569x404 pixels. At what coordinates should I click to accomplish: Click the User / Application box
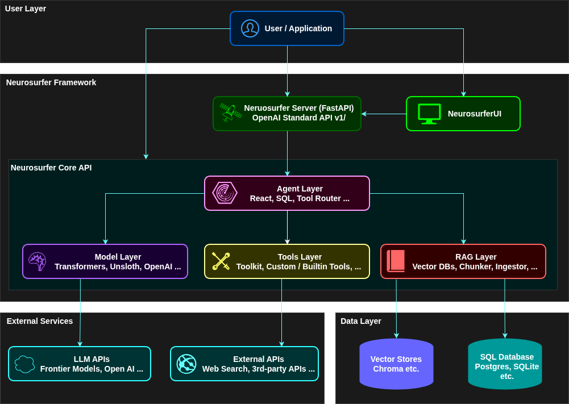(287, 28)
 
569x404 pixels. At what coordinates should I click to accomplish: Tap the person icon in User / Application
(250, 28)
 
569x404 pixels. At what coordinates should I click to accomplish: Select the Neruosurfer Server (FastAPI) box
(287, 114)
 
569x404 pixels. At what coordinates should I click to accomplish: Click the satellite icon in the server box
(231, 113)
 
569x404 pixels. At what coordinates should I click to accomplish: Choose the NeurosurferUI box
(463, 114)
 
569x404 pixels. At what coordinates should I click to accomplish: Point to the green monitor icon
(429, 114)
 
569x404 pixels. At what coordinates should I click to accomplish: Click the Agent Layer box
(287, 193)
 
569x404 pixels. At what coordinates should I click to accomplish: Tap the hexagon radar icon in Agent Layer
(225, 193)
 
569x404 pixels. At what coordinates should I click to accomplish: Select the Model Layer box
(105, 261)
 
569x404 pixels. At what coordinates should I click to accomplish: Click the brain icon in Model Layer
(38, 261)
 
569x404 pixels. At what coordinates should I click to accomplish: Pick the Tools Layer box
(287, 261)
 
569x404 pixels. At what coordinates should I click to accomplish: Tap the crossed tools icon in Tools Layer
(221, 261)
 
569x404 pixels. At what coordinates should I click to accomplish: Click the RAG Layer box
(463, 261)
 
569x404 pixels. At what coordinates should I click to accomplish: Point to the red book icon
(396, 261)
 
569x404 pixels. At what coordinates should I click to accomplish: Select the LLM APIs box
(80, 364)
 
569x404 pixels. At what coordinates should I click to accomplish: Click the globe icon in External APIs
(186, 364)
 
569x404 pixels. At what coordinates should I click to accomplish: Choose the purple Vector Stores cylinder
(396, 364)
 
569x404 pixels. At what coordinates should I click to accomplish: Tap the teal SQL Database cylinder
(505, 364)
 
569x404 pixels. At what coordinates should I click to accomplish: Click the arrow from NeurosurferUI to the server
(384, 114)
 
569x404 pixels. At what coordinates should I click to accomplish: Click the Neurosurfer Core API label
(51, 168)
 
